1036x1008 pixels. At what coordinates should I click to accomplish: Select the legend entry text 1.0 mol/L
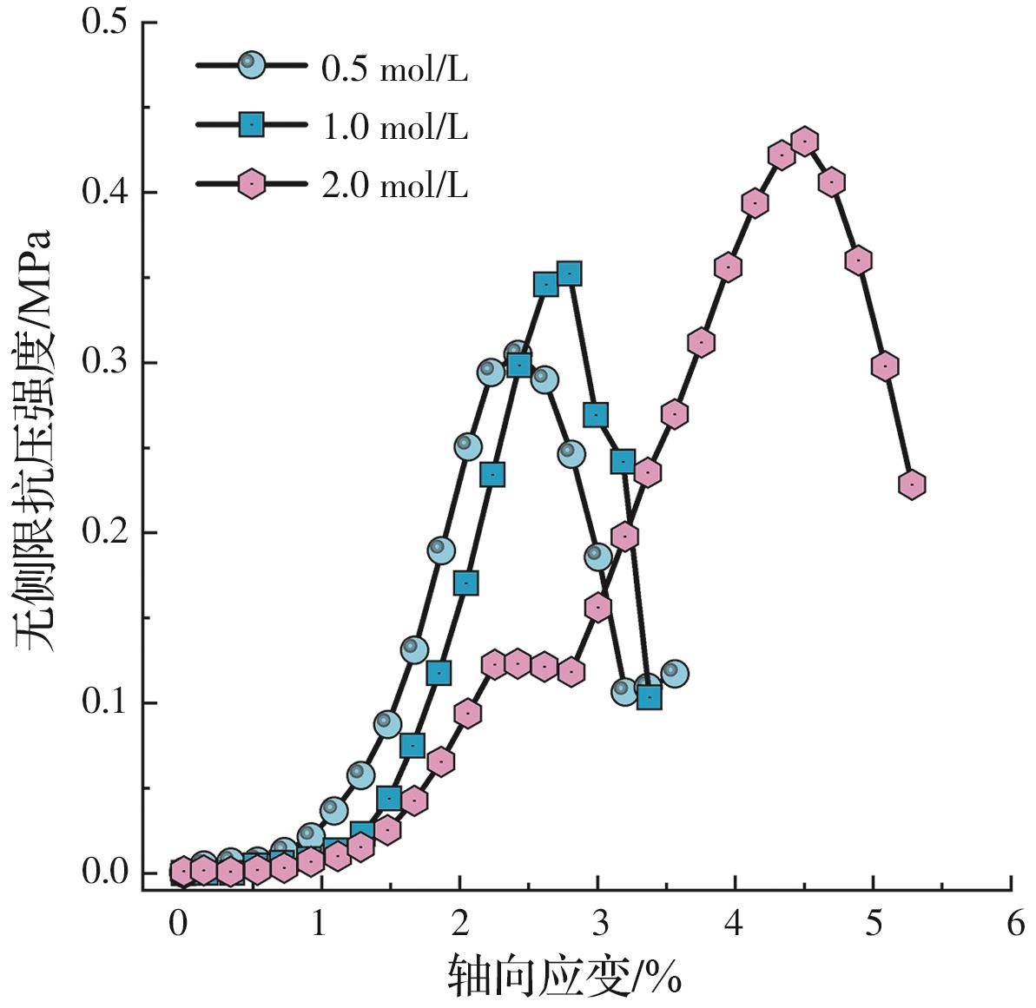394,127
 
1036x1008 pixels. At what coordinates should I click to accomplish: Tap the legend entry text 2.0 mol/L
394,185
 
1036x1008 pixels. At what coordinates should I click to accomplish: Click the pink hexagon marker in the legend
252,184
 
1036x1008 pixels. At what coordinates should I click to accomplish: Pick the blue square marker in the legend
252,126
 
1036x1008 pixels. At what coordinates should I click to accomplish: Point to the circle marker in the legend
252,64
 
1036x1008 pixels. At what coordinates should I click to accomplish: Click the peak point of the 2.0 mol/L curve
806,142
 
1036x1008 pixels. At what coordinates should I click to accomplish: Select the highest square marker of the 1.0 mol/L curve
569,274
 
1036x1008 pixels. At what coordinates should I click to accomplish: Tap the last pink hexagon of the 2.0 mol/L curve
911,484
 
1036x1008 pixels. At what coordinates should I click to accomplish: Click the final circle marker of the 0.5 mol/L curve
674,673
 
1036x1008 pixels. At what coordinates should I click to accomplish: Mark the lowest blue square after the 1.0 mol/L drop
649,697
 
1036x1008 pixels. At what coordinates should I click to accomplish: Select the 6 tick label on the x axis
1014,923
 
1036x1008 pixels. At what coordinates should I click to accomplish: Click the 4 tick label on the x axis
735,923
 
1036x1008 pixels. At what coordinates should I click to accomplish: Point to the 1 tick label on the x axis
319,923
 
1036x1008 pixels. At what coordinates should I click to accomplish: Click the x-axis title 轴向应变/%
564,977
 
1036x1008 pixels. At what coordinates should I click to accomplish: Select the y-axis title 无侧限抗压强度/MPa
35,440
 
